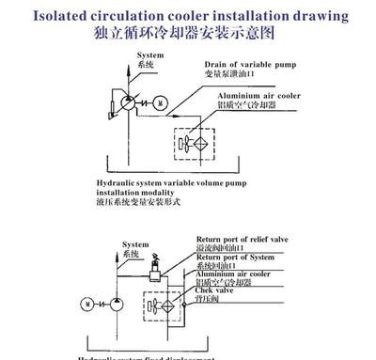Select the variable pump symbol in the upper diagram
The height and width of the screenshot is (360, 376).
(127, 101)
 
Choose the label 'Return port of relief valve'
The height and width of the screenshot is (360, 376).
(244, 240)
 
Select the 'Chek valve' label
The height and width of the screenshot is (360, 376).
(217, 290)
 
